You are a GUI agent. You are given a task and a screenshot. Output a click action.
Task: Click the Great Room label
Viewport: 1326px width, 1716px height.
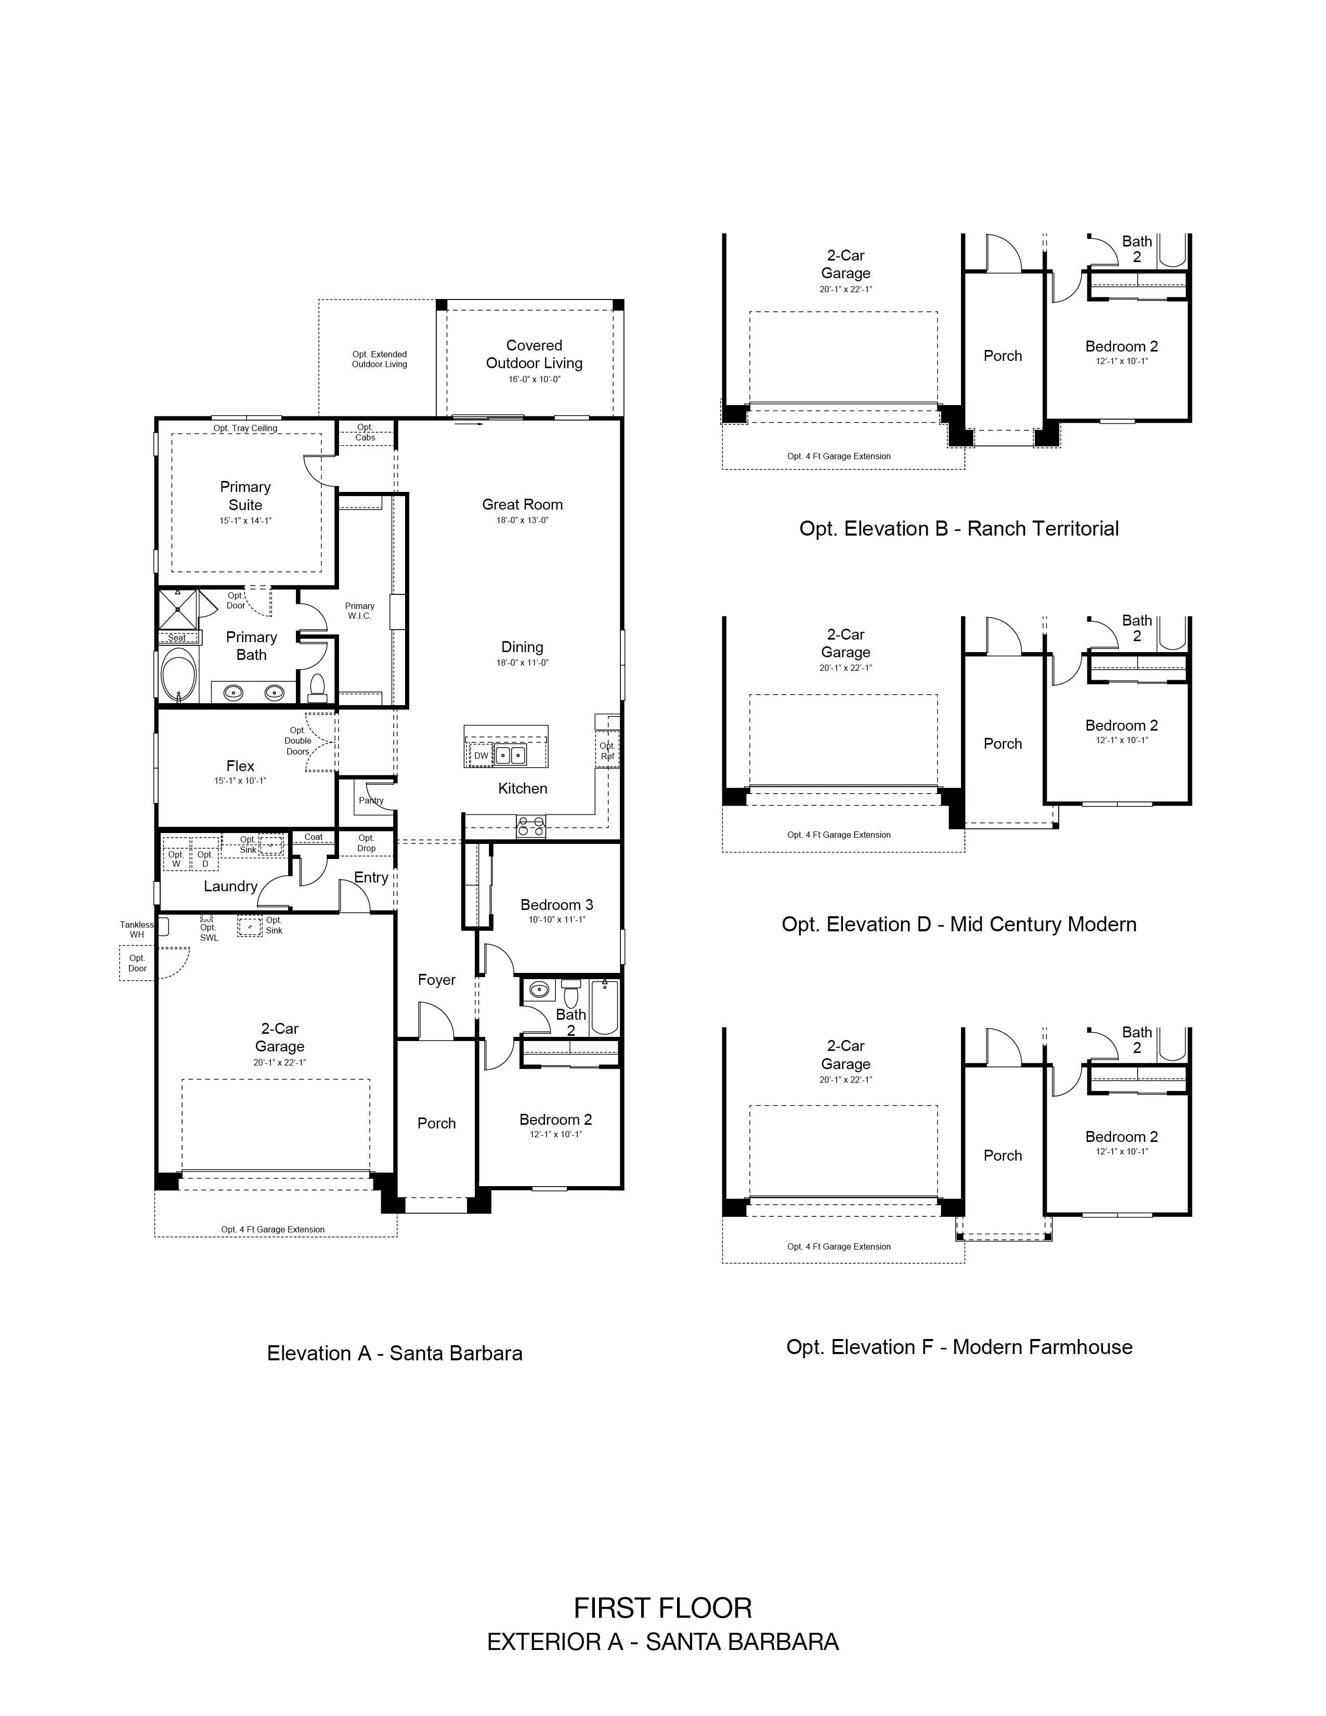coord(523,504)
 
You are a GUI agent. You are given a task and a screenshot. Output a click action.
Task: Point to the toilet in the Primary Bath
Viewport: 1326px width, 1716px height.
coord(317,687)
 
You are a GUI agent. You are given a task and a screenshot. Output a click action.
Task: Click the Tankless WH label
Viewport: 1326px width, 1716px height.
coord(137,930)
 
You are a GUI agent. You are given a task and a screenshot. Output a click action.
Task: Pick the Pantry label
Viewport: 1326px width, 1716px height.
coord(371,801)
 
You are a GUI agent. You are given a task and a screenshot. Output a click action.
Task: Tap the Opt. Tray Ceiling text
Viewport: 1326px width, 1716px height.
coord(245,428)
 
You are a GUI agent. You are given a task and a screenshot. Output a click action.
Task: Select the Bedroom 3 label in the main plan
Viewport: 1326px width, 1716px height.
coord(557,904)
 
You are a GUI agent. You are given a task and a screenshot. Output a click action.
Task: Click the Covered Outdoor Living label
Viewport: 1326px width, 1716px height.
coord(534,354)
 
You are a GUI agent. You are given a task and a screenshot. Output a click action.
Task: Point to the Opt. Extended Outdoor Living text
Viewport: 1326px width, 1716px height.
coord(380,359)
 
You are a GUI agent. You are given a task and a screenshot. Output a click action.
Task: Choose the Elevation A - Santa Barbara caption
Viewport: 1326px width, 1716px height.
coord(394,1353)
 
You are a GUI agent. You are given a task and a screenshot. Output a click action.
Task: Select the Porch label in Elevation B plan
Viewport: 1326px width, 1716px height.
coord(1003,356)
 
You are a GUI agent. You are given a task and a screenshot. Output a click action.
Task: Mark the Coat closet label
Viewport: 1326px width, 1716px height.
coord(314,837)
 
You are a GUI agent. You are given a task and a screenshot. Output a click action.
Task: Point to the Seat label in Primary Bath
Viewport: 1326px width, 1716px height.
coord(177,637)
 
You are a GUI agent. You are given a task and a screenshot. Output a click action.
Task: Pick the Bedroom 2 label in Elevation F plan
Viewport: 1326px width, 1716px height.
coord(1122,1137)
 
